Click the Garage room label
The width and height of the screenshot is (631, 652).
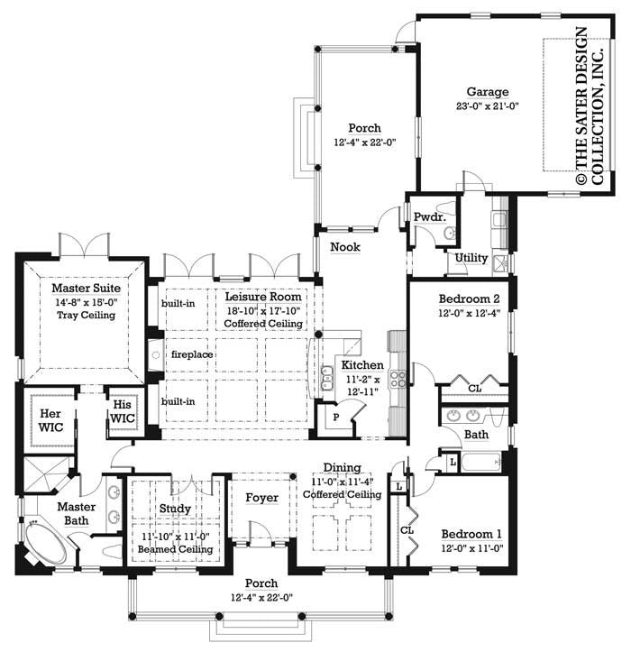coord(488,92)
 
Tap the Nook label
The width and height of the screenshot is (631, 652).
coord(344,245)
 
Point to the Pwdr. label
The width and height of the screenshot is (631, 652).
coord(426,217)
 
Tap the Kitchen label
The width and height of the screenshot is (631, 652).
coord(361,365)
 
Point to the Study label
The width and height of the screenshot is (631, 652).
coord(175,509)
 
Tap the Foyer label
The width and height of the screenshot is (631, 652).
coord(262,498)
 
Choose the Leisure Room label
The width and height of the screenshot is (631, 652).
coord(263,297)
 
